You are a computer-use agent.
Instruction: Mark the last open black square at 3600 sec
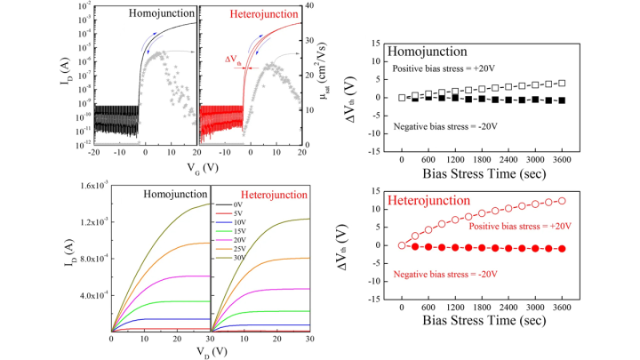coord(561,84)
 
